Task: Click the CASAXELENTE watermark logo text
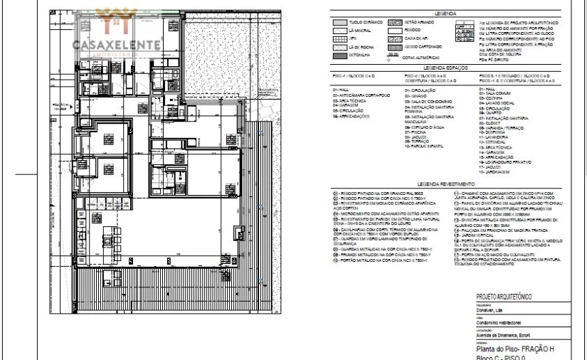(x=115, y=43)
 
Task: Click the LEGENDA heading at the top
(x=446, y=13)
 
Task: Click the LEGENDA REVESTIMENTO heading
(x=446, y=183)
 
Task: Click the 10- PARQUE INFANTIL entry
(x=424, y=146)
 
